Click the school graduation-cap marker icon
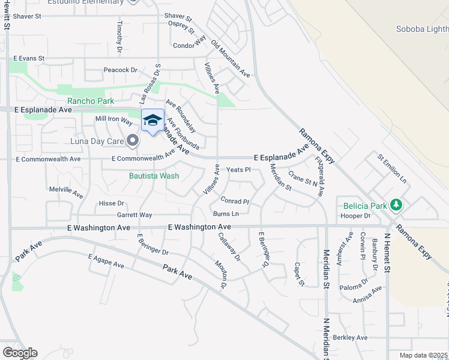[x=152, y=119]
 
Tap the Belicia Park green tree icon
[x=396, y=206]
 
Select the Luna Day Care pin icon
[x=133, y=142]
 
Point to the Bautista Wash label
[x=154, y=176]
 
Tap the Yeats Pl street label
[x=238, y=170]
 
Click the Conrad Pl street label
[x=234, y=201]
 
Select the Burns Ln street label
[x=226, y=214]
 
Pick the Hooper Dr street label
[x=355, y=215]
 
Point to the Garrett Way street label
[x=134, y=215]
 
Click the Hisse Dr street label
[x=111, y=203]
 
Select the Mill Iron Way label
[x=114, y=120]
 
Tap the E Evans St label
[x=29, y=58]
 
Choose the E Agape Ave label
[x=106, y=261]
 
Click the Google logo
[x=20, y=353]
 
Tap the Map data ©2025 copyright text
[x=423, y=355]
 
